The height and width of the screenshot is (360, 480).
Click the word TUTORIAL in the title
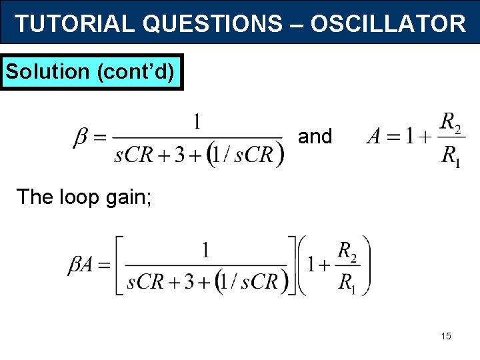(x=75, y=24)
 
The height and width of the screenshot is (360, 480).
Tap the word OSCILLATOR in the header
(x=388, y=24)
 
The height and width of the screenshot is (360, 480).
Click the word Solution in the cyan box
(x=47, y=71)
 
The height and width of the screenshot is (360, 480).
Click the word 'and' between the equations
(x=315, y=137)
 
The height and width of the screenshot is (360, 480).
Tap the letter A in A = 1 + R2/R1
(x=375, y=137)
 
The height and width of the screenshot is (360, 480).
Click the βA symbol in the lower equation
(x=82, y=267)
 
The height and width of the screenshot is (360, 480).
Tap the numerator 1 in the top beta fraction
(x=197, y=121)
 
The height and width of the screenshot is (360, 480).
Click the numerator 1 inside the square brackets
(x=206, y=250)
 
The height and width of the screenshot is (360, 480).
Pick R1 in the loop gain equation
(x=347, y=283)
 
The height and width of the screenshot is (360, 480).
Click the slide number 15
(x=446, y=336)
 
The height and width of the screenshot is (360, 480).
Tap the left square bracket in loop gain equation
(x=119, y=265)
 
